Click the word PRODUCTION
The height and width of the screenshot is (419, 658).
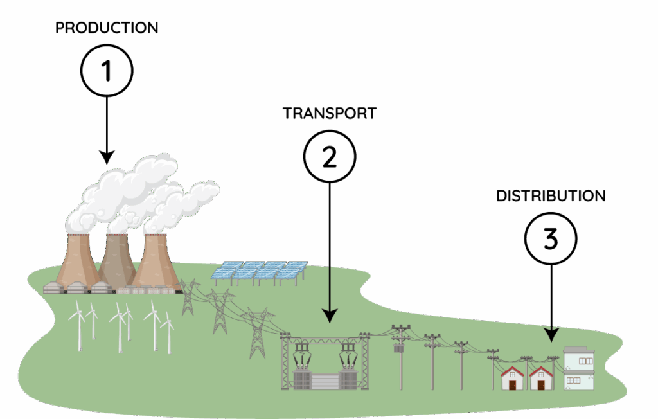coord(107,28)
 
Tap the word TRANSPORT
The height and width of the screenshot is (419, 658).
coord(329,113)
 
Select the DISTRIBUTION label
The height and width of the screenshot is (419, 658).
coord(551,196)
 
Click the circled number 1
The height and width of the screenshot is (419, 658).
coord(107,71)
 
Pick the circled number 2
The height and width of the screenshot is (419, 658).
coord(329,157)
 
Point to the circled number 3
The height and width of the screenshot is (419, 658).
coord(551,239)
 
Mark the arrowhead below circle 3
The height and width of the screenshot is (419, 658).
coord(551,335)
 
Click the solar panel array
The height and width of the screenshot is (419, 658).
coord(260,272)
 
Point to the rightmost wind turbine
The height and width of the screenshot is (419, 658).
coord(168,330)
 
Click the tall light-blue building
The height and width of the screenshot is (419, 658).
coord(578,369)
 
